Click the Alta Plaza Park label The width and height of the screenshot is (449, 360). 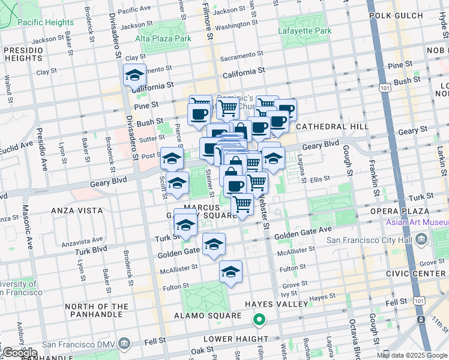pos(163,38)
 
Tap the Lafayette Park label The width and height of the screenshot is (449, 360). pos(304,31)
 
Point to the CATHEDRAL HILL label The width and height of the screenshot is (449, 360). pos(333,127)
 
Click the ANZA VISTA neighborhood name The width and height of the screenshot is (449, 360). pos(73,211)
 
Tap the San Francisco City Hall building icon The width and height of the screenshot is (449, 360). pos(421,241)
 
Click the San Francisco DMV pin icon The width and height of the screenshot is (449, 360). pos(124,344)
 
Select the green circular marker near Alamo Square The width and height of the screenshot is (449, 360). pos(259,320)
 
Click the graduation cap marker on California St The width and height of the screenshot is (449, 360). pos(134,76)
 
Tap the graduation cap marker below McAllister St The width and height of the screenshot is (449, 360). pos(231,272)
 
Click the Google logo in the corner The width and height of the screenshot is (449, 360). pos(20,353)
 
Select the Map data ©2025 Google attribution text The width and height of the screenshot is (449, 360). pos(412,355)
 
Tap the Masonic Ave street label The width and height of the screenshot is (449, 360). pos(27,228)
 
